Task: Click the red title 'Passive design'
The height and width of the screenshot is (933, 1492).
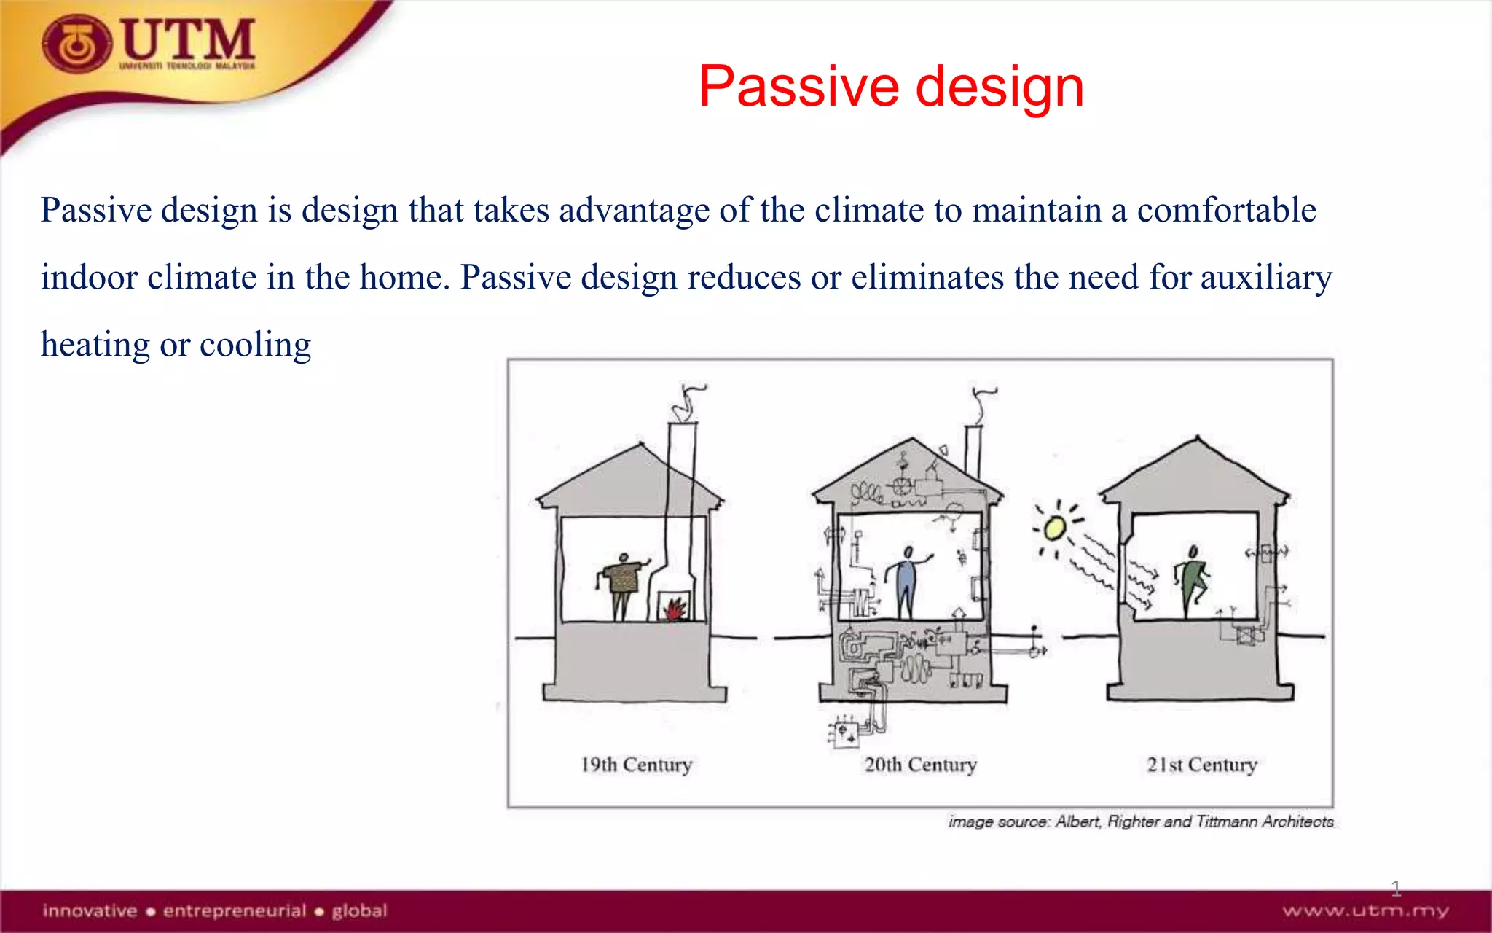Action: (891, 87)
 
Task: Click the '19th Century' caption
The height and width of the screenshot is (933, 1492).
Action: (636, 765)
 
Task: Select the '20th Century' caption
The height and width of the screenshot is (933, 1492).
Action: (920, 765)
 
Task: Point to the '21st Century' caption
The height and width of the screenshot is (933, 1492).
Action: (1202, 765)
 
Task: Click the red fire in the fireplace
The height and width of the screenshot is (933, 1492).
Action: (675, 607)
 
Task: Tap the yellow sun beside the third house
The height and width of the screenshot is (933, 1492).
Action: (1053, 528)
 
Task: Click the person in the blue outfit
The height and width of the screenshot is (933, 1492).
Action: (906, 583)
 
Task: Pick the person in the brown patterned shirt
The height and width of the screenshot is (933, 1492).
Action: (623, 583)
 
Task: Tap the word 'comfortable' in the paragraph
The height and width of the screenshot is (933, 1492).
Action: (1226, 211)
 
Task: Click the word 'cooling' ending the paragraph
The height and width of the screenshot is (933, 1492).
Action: (255, 345)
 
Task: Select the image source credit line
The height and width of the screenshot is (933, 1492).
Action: (1141, 821)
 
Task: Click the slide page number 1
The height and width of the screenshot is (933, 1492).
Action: (1395, 888)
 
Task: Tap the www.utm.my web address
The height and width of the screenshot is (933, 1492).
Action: (1365, 911)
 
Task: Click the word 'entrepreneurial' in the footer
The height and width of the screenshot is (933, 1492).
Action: (234, 911)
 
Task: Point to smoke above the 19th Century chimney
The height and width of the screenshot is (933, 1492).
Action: (688, 401)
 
